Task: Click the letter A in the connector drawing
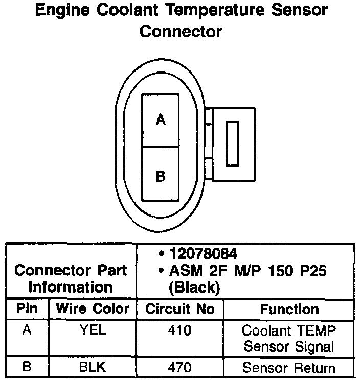coord(161,120)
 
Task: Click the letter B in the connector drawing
coord(161,176)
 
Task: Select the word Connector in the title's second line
coord(181,31)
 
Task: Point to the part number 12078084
coord(204,254)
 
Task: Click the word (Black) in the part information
coord(194,288)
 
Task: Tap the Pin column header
coord(27,309)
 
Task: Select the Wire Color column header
coord(93,309)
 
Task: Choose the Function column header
coord(289,309)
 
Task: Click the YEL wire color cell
coord(93,330)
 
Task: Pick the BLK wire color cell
coord(93,367)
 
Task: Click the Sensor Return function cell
coord(289,367)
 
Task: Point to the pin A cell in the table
coord(27,330)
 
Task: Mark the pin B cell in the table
coord(27,367)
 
